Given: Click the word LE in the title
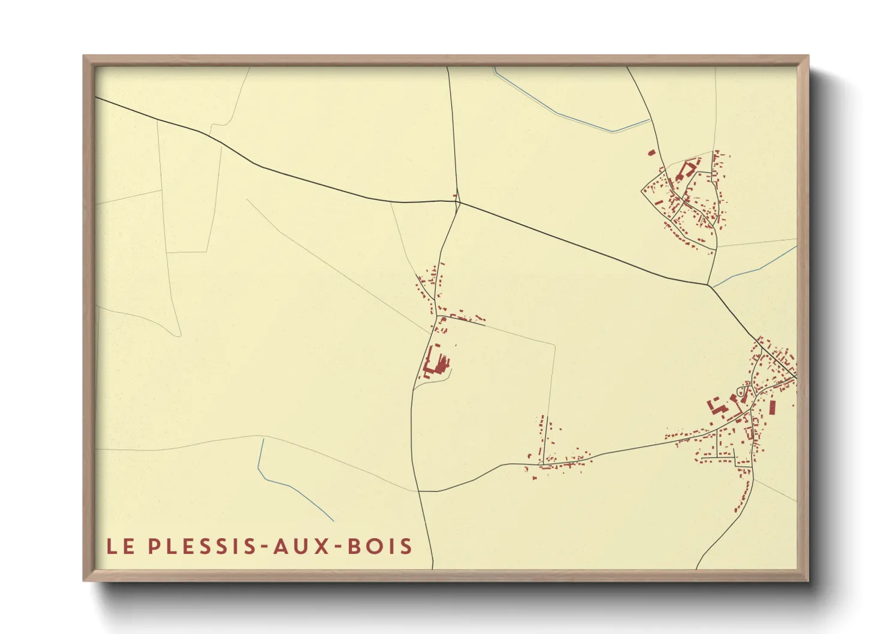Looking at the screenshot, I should pos(120,546).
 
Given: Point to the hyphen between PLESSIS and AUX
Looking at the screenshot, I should pos(265,547).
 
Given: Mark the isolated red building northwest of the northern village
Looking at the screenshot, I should pos(651,153).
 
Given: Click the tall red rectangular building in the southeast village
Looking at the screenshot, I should pos(772,407).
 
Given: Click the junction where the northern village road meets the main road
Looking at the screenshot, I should pos(709,285).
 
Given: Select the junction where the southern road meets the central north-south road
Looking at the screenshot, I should pos(418,491).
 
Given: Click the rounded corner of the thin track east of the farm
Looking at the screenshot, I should pos(554,346).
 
